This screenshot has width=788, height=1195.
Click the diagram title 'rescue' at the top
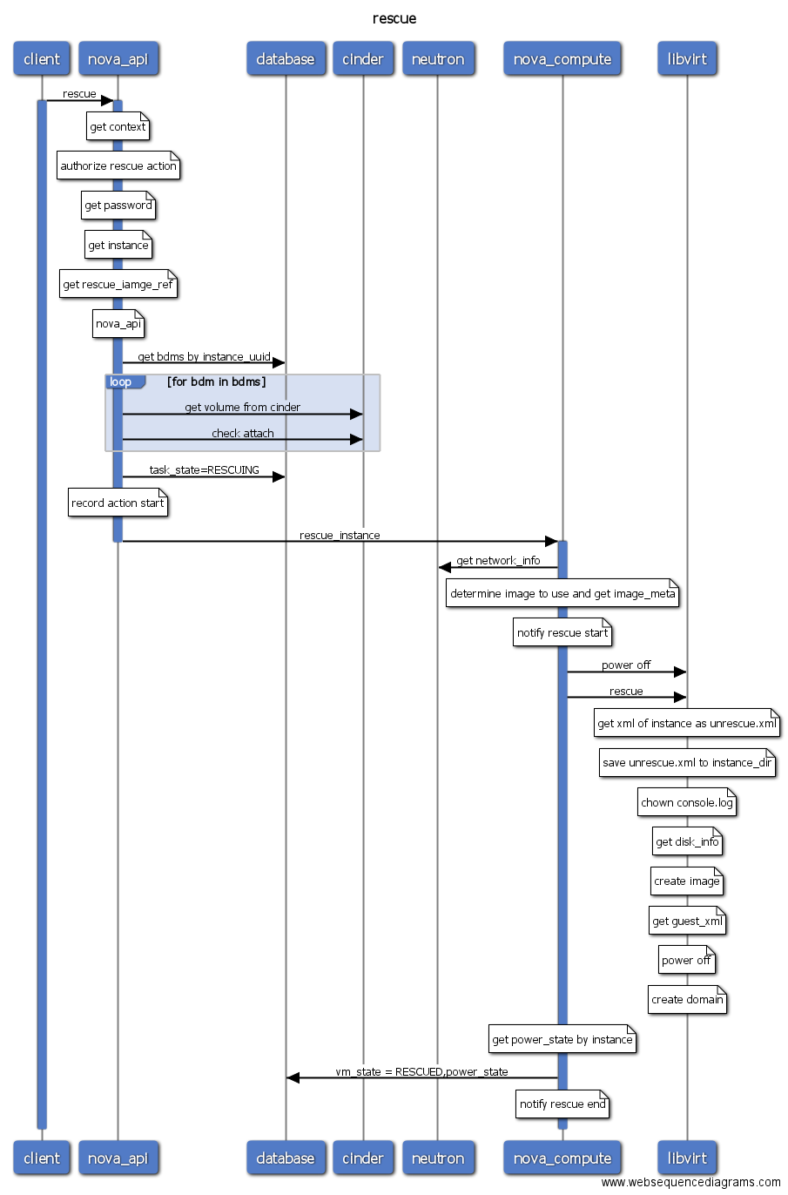(394, 18)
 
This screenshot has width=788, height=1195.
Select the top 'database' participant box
(286, 59)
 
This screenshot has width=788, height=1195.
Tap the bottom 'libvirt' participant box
(687, 1158)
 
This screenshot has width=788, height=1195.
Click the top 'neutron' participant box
(438, 59)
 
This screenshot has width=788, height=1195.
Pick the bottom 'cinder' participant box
(363, 1158)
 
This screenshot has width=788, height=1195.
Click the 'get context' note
(118, 127)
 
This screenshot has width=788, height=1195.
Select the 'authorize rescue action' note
(118, 166)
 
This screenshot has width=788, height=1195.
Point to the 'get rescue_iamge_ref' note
(118, 285)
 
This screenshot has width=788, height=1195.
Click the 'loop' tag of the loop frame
(122, 382)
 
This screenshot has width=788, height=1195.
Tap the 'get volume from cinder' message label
(242, 407)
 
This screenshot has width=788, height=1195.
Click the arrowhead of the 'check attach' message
(356, 440)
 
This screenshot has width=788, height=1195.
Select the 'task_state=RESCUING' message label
(204, 470)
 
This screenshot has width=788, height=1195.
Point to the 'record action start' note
(118, 503)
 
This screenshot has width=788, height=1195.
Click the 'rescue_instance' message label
(340, 535)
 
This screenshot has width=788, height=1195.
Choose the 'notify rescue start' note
(562, 633)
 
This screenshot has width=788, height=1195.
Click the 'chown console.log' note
(687, 803)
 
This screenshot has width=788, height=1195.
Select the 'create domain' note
(687, 1000)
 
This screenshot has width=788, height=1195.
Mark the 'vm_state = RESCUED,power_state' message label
(421, 1071)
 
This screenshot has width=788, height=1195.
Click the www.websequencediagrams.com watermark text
(690, 1182)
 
